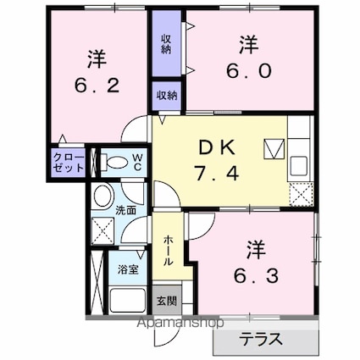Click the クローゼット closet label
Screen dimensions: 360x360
click(x=69, y=162)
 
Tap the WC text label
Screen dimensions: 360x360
click(x=136, y=161)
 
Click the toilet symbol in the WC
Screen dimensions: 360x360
click(x=112, y=162)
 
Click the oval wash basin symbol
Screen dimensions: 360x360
click(x=102, y=197)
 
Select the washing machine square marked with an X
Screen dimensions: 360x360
click(x=103, y=230)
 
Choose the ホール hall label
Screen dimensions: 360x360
click(x=168, y=250)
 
